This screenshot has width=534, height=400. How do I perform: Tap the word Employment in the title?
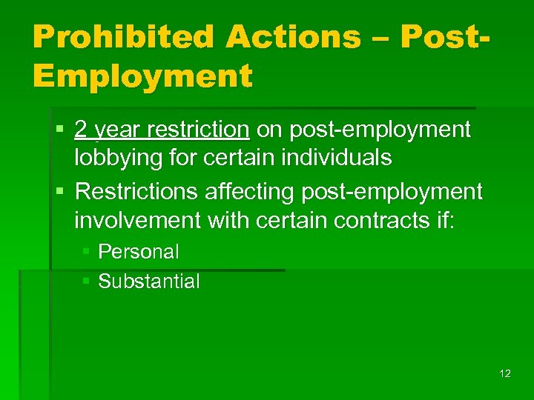coord(142,75)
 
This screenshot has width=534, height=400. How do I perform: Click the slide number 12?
coord(505,373)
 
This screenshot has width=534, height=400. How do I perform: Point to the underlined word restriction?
coord(199,130)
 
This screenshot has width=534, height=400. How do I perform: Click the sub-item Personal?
coord(139,252)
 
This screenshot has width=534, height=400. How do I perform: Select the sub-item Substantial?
coord(149,281)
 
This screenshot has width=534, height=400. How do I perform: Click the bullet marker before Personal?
coord(86,252)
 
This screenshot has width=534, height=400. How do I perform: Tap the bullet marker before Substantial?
coord(86,281)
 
